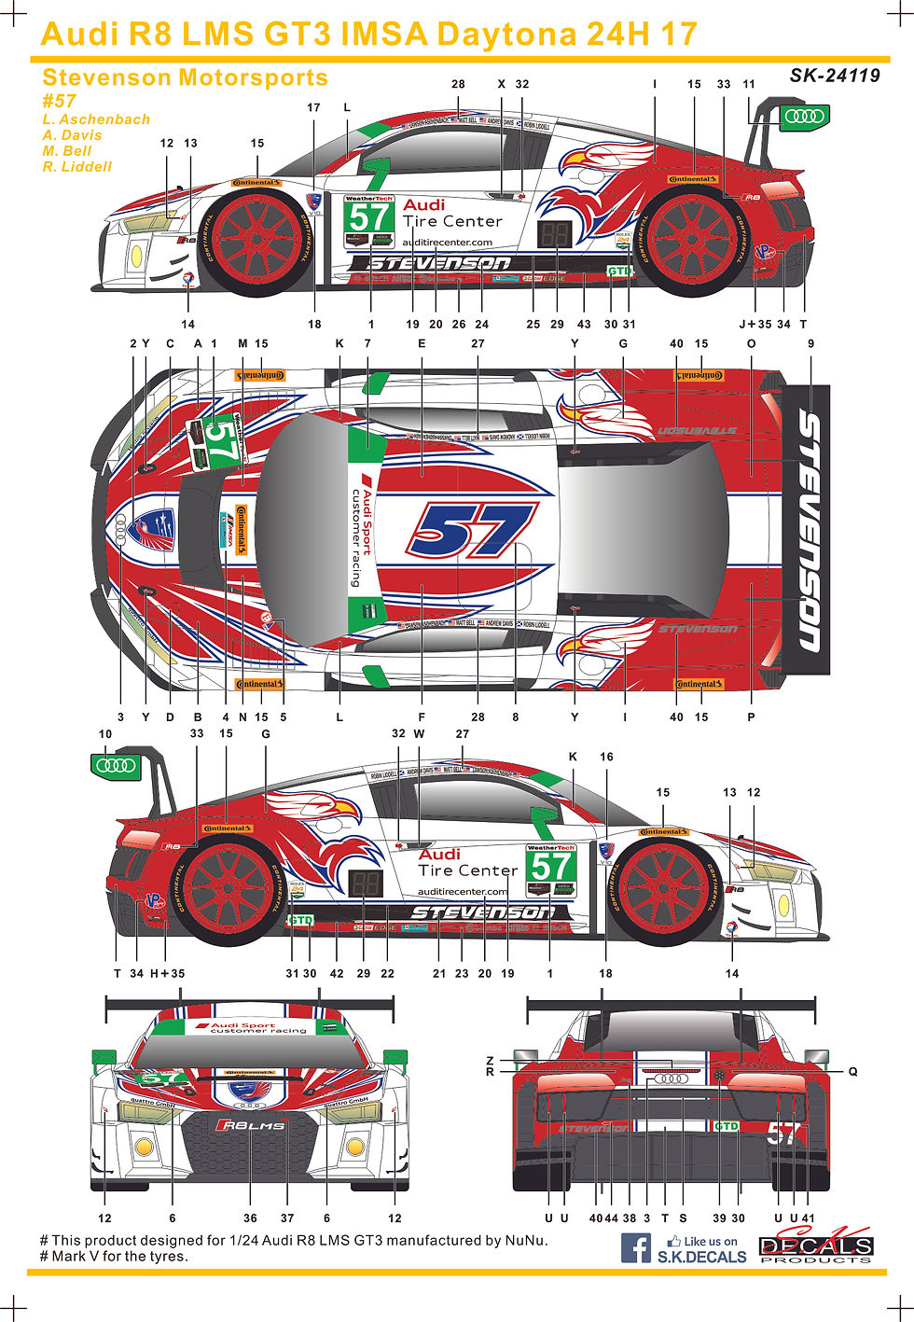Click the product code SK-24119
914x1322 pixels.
point(834,76)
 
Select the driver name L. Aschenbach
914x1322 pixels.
point(96,119)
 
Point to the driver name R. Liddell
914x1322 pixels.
point(76,167)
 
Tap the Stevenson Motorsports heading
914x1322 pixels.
point(185,77)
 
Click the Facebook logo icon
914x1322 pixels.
point(636,1247)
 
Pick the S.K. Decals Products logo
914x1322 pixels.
point(815,1247)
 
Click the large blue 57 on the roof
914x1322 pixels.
point(472,530)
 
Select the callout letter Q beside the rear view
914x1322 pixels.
point(852,1072)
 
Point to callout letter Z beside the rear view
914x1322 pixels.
point(490,1061)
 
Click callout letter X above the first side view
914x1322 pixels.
point(501,84)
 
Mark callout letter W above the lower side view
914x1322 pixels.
point(419,734)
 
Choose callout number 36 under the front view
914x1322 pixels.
point(250,1218)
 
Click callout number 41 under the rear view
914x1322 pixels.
point(808,1218)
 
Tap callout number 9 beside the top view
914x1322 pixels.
point(810,343)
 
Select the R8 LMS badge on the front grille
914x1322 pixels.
point(251,1125)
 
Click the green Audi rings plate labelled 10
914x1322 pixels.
point(116,766)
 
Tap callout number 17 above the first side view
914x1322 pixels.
point(313,107)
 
